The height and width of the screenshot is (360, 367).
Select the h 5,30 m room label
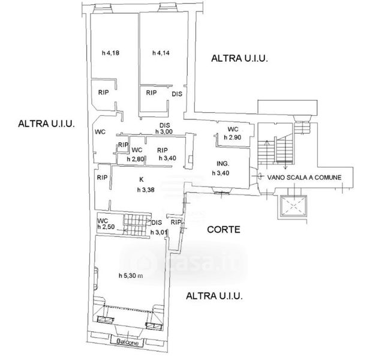[131, 276]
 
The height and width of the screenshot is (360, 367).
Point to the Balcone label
[127, 344]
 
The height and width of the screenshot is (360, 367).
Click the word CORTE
[224, 229]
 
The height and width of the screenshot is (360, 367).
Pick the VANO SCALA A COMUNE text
[305, 177]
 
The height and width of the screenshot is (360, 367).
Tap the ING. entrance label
[223, 163]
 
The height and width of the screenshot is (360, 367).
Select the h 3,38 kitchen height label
[146, 191]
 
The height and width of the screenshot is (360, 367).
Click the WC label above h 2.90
[233, 130]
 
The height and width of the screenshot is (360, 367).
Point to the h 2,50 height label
[106, 227]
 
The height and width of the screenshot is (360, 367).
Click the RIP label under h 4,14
[151, 93]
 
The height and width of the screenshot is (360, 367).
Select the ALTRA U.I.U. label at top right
[239, 58]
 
